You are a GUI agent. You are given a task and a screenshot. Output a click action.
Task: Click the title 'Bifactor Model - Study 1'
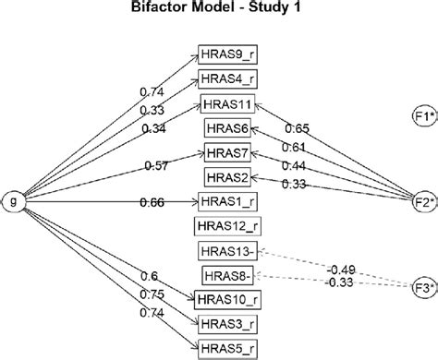click(x=219, y=11)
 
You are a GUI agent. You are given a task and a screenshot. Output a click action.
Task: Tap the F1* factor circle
click(x=423, y=118)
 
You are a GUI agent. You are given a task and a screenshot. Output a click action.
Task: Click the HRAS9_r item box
click(x=226, y=55)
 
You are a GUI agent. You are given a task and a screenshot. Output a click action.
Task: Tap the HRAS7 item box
click(x=226, y=152)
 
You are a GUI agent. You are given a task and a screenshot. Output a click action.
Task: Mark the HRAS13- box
click(x=228, y=251)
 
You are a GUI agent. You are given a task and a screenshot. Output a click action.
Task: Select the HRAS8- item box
click(x=227, y=274)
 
